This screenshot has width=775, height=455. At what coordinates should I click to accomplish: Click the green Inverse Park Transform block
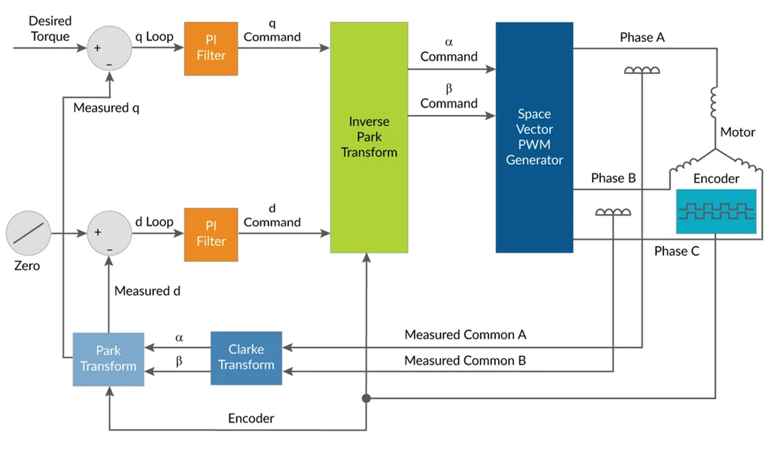369,137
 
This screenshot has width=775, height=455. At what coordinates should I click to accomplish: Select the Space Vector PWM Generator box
534,137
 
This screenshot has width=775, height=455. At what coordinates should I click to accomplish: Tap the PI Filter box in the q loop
211,48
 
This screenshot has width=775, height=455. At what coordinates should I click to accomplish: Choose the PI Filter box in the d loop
211,234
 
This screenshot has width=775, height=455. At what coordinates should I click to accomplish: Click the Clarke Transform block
246,358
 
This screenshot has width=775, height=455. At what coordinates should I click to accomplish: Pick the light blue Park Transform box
108,359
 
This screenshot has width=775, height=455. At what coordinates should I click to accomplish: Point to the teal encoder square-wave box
716,211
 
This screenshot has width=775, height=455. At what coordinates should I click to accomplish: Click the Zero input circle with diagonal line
28,233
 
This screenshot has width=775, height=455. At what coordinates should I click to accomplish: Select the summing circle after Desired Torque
109,48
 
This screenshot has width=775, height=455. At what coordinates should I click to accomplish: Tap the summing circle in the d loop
109,233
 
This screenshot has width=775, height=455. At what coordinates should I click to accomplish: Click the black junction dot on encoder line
366,398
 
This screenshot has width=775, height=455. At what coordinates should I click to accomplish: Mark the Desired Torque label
50,29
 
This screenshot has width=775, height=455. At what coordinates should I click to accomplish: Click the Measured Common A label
465,335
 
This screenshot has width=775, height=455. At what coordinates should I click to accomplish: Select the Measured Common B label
465,361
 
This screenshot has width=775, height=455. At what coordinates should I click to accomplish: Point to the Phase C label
677,251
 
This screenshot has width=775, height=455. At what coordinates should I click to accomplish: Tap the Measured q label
106,108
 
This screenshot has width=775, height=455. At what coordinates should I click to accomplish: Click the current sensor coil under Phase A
642,70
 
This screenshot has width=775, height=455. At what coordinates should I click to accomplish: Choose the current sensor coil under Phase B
613,212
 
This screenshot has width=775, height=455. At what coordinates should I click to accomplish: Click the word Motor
737,132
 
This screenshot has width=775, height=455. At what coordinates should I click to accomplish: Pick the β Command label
449,97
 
